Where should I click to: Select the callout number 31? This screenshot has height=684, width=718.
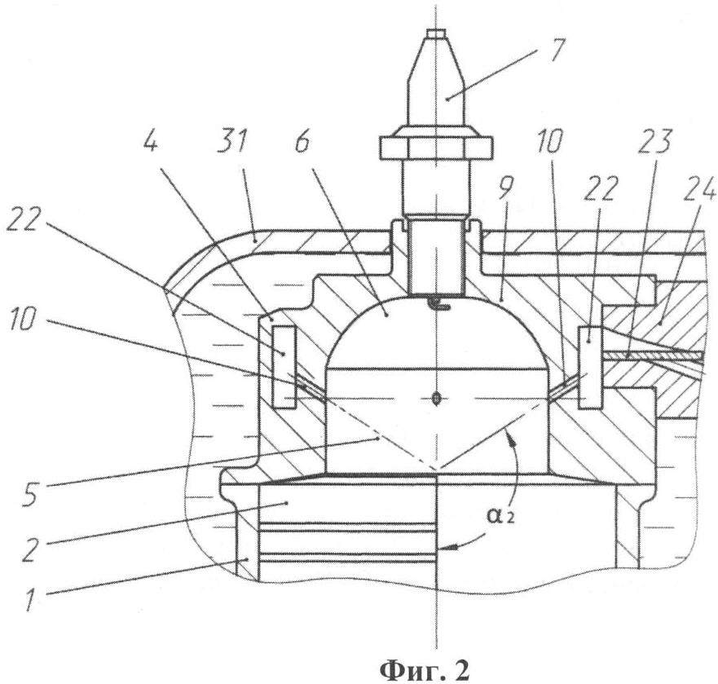click(x=234, y=142)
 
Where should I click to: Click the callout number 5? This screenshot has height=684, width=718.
click(x=33, y=492)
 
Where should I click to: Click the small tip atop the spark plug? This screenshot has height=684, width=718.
click(x=435, y=33)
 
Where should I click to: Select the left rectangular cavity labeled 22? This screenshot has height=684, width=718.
click(x=284, y=367)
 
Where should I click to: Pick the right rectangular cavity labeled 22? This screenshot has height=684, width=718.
click(x=590, y=368)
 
